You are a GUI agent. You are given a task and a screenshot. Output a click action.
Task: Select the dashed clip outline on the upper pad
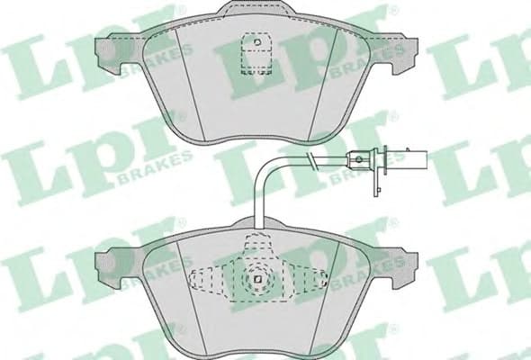pos(256,57)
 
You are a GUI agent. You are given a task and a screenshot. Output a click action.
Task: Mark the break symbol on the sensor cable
pos(310,162)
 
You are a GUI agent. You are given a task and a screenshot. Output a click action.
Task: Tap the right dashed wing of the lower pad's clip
pos(312,279)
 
